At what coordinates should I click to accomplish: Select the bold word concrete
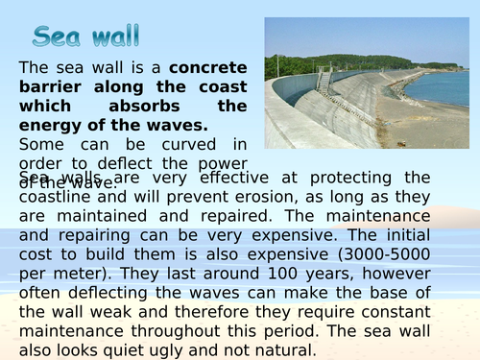point(208,67)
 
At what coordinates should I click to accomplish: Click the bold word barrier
point(53,87)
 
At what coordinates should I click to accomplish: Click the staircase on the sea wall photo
point(324,79)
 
